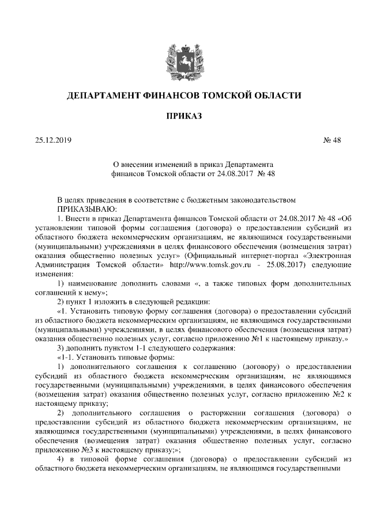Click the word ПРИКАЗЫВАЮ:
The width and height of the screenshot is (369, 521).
(x=86, y=209)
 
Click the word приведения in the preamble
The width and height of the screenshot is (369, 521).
(x=103, y=200)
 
